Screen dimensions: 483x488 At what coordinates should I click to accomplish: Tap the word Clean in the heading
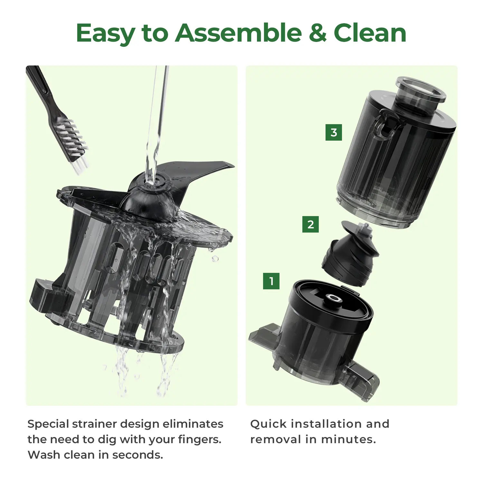point(370,33)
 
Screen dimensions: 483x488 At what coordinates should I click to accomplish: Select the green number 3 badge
point(334,132)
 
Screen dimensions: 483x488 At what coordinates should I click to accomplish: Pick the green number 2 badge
point(310,224)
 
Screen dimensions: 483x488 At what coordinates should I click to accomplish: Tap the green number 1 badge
point(271,281)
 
